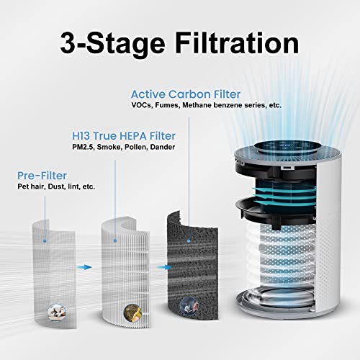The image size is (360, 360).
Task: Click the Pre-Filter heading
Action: pyautogui.click(x=42, y=175)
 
